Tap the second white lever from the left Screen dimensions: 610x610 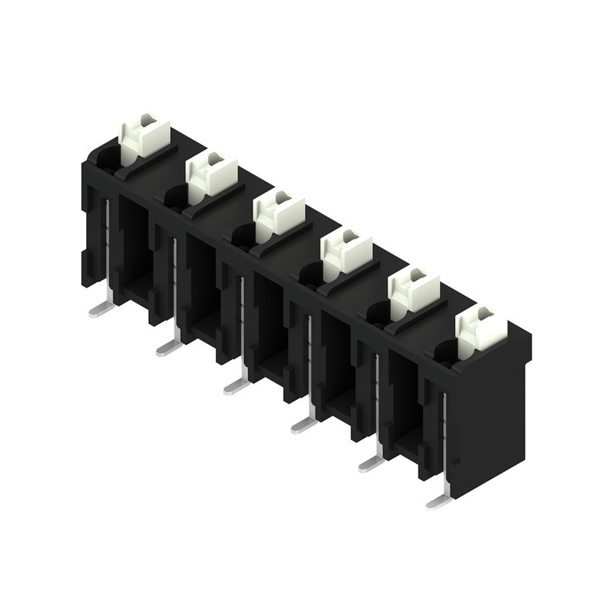tap(211, 174)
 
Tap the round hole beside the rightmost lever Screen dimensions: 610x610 tap(445, 353)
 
